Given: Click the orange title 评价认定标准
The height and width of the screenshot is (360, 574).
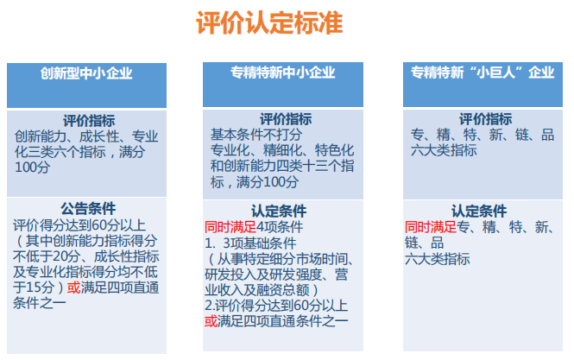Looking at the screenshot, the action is click(x=269, y=22).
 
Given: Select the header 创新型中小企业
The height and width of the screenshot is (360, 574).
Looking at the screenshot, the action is click(x=86, y=73).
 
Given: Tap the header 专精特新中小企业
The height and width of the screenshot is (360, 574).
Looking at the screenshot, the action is click(x=282, y=73).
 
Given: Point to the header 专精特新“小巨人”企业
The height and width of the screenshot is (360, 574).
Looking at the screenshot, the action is click(x=483, y=73).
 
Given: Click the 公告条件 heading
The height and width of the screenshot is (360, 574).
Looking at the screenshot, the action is click(x=88, y=209).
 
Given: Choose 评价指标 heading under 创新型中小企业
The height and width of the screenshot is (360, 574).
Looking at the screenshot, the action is click(x=89, y=121).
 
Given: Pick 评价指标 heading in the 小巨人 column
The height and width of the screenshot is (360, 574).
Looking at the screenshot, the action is click(x=485, y=119).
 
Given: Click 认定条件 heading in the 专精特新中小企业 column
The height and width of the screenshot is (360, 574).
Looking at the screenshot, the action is click(x=279, y=212).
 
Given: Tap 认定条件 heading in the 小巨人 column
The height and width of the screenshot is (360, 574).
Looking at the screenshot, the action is click(x=479, y=212).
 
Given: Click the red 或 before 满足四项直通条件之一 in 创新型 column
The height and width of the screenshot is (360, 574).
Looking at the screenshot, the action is click(x=73, y=287).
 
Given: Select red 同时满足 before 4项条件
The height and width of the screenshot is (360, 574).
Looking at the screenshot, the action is click(x=230, y=227).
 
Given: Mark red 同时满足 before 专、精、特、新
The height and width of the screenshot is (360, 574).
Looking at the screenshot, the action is click(x=431, y=227).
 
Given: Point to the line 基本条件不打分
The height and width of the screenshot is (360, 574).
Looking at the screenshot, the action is click(x=256, y=135).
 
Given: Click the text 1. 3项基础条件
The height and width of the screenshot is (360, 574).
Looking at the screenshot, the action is click(x=250, y=243).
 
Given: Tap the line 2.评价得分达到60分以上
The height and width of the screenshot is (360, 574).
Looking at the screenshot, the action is click(x=276, y=306).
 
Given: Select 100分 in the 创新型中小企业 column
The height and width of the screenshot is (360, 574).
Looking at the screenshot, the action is click(x=33, y=167).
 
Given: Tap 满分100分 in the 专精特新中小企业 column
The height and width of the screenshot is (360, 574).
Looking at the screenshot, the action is click(x=268, y=182).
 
